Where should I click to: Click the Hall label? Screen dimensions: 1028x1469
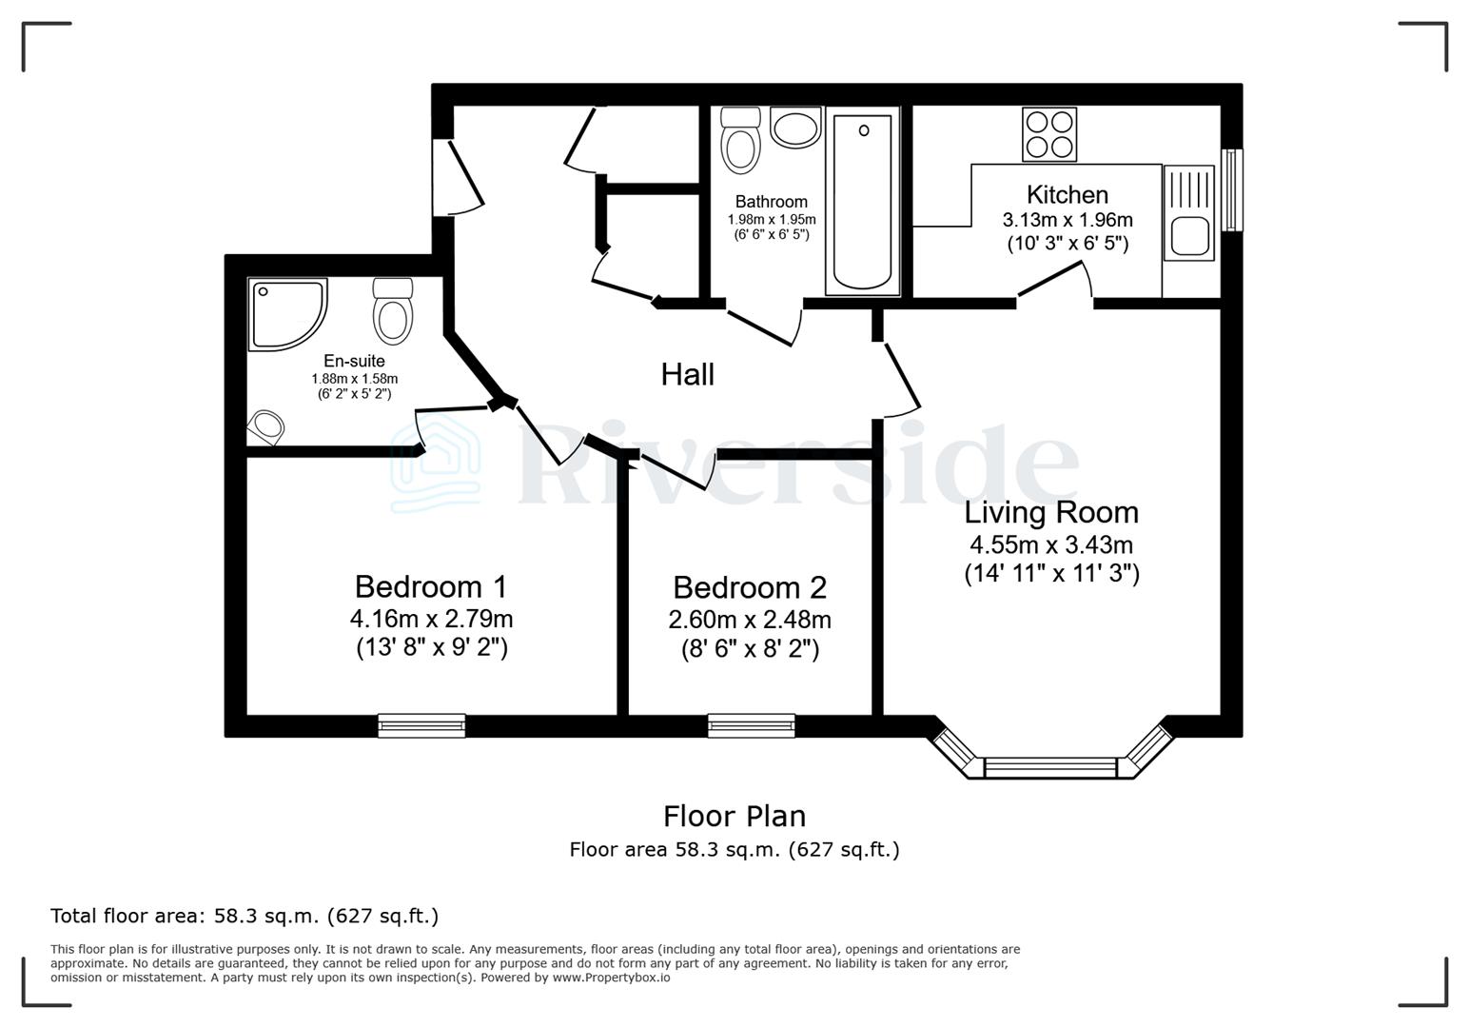[x=687, y=374]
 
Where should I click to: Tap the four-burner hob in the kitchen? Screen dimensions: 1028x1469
[x=1049, y=134]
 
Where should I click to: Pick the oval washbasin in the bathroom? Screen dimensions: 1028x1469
[x=795, y=128]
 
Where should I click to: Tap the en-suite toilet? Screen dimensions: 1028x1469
[x=392, y=310]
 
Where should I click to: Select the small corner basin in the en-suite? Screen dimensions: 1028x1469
[x=266, y=426]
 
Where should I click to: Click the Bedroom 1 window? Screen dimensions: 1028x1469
[x=421, y=725]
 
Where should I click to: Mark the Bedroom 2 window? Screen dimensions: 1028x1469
[x=751, y=725]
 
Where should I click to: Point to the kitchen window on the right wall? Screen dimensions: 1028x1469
[x=1232, y=189]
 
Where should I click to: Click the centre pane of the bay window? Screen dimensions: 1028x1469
[x=1049, y=767]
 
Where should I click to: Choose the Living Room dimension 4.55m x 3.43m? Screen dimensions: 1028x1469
[x=1050, y=545]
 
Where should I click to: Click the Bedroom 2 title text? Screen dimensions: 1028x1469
[x=750, y=587]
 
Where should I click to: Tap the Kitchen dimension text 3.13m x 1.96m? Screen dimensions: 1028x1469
[x=1067, y=220]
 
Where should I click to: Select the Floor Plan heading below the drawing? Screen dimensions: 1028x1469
[x=734, y=816]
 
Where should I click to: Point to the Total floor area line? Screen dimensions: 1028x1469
[x=245, y=916]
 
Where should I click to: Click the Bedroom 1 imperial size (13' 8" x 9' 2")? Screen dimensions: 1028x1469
[x=431, y=648]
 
